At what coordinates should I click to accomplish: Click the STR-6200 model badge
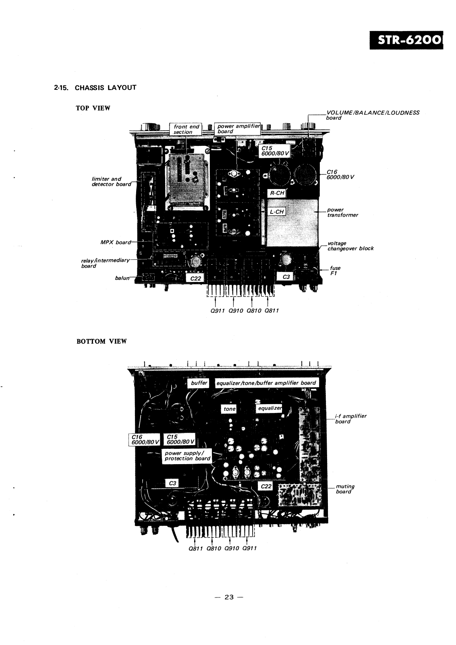pyautogui.click(x=406, y=40)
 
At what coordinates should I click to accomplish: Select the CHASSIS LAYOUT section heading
pyautogui.click(x=95, y=87)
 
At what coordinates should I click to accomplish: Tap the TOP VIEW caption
pyautogui.click(x=93, y=108)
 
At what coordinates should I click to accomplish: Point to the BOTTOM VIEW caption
pyautogui.click(x=102, y=341)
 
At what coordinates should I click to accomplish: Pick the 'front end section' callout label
pyautogui.click(x=186, y=129)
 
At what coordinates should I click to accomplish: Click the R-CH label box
pyautogui.click(x=277, y=193)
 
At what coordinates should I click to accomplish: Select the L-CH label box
pyautogui.click(x=277, y=212)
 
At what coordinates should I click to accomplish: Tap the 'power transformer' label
pyautogui.click(x=342, y=212)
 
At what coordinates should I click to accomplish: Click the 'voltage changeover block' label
pyautogui.click(x=350, y=246)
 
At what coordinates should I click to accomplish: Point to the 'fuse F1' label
pyautogui.click(x=335, y=271)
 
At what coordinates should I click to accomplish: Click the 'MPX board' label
pyautogui.click(x=116, y=242)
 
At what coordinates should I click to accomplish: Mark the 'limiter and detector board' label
pyautogui.click(x=112, y=181)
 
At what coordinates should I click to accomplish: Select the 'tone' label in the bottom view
pyautogui.click(x=230, y=409)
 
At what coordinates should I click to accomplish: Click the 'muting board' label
pyautogui.click(x=345, y=489)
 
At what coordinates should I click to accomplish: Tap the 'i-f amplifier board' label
pyautogui.click(x=350, y=419)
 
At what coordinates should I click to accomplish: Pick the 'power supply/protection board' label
pyautogui.click(x=187, y=456)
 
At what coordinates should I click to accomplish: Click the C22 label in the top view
pyautogui.click(x=195, y=278)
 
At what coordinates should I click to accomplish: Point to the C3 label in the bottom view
pyautogui.click(x=172, y=483)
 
